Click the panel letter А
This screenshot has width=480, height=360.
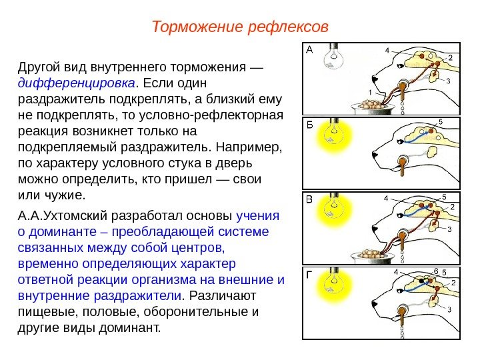pyautogui.click(x=309, y=49)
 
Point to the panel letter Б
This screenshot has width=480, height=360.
pyautogui.click(x=309, y=125)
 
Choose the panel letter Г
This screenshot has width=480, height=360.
pyautogui.click(x=309, y=273)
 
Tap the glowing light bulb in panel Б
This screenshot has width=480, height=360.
pyautogui.click(x=333, y=134)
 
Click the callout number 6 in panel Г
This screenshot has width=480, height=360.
pyautogui.click(x=435, y=271)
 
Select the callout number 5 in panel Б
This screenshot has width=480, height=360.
pyautogui.click(x=440, y=121)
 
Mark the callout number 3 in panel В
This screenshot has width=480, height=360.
pyautogui.click(x=449, y=229)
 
